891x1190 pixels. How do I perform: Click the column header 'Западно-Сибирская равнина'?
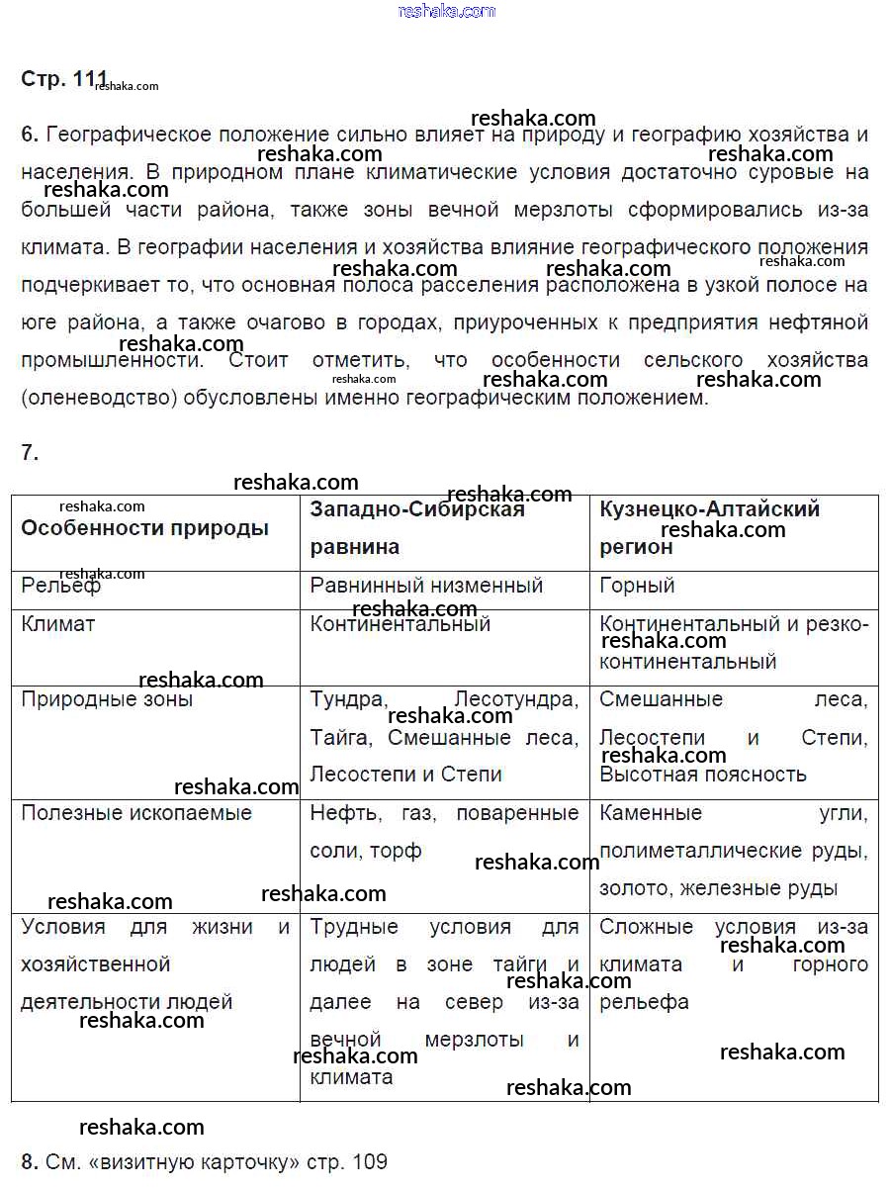tap(416, 528)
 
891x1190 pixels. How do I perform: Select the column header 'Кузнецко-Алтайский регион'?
tap(709, 528)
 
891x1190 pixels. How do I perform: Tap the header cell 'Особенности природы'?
tap(144, 528)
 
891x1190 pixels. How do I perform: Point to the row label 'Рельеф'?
tap(60, 586)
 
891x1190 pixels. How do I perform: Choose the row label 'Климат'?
tap(58, 624)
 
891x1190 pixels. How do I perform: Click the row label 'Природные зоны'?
tap(107, 700)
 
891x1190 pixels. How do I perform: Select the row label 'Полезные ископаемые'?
tap(136, 813)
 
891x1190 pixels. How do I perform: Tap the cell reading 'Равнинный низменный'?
tap(426, 586)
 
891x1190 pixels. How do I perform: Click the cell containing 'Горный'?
tap(637, 586)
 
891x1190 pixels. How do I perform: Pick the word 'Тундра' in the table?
tap(347, 700)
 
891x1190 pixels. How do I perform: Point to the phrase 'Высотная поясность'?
tap(702, 775)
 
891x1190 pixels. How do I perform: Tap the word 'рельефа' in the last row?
tap(644, 1002)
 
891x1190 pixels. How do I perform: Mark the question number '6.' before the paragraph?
tap(30, 135)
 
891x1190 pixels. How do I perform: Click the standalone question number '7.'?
tap(30, 453)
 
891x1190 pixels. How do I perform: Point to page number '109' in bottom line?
tap(369, 1161)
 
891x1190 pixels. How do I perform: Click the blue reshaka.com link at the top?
tap(446, 11)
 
